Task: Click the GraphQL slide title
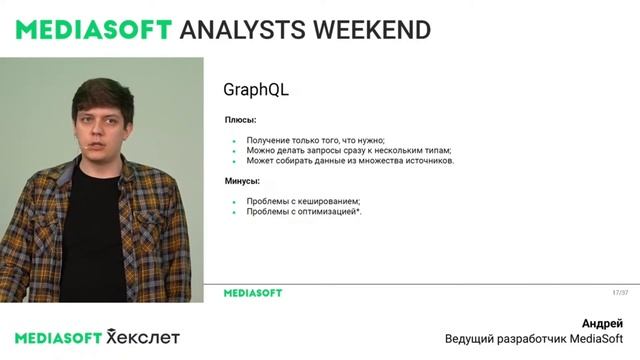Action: pos(256,90)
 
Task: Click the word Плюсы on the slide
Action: pos(240,120)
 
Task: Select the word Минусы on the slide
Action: pos(242,181)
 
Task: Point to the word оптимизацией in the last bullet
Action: pos(325,212)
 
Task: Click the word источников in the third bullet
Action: pos(424,160)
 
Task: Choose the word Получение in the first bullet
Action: pos(270,140)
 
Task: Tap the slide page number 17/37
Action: pos(620,293)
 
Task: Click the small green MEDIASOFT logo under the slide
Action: pos(252,293)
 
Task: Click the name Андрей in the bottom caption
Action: pos(602,323)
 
